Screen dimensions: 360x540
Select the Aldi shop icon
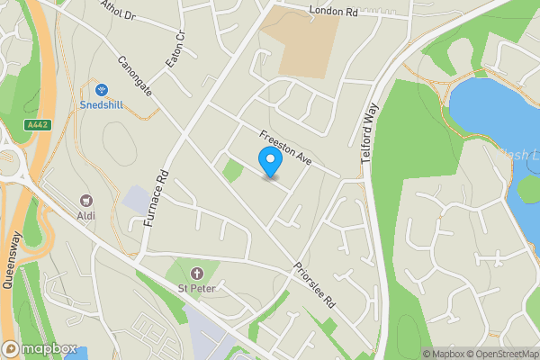tap(87, 200)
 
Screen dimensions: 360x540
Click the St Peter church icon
tap(196, 272)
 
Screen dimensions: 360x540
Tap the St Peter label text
tap(196, 288)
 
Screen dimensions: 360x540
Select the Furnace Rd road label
tap(155, 198)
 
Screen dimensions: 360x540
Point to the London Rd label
tap(333, 12)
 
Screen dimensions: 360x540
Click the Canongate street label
tap(135, 77)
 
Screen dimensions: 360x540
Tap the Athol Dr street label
tap(117, 12)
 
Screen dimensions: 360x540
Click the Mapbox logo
tap(39, 348)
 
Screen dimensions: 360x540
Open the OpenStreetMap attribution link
tap(496, 354)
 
